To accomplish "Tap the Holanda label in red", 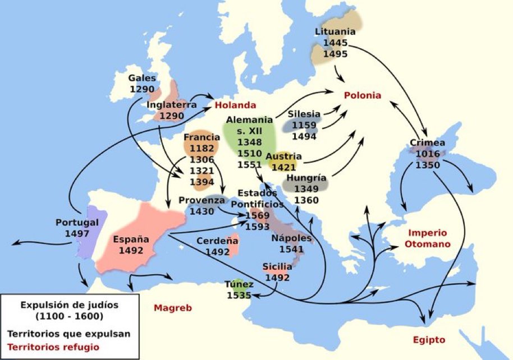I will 235,105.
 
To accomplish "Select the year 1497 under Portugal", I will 77,233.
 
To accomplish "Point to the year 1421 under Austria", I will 284,167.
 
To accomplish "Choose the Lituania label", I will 335,32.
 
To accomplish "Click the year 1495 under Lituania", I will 335,54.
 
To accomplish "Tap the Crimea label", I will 428,142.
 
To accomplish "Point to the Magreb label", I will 173,308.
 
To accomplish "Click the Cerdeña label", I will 217,241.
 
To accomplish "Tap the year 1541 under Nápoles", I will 291,248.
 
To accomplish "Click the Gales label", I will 141,78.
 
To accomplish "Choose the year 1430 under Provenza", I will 201,211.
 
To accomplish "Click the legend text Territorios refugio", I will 56,347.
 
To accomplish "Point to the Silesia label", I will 304,114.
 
